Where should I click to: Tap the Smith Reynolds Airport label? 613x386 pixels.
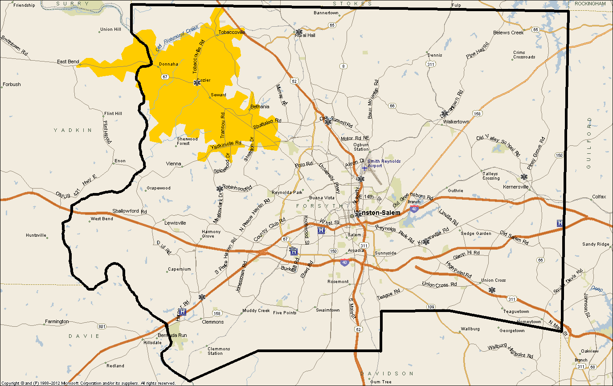pyautogui.click(x=384, y=163)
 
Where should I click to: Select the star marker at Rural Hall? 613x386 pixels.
pyautogui.click(x=299, y=32)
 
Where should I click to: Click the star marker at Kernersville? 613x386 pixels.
pyautogui.click(x=524, y=177)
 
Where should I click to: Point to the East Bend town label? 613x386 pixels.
pyautogui.click(x=68, y=62)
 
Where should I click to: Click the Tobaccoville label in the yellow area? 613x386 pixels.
pyautogui.click(x=232, y=32)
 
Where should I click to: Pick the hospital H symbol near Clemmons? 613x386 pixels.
pyautogui.click(x=182, y=312)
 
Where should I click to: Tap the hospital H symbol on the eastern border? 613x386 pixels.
pyautogui.click(x=560, y=223)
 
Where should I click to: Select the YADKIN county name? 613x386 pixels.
pyautogui.click(x=73, y=130)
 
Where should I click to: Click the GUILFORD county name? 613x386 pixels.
pyautogui.click(x=588, y=143)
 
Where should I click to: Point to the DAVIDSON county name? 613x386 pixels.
pyautogui.click(x=387, y=373)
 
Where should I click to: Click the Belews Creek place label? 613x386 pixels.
pyautogui.click(x=508, y=33)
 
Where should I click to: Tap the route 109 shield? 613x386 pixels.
pyautogui.click(x=430, y=307)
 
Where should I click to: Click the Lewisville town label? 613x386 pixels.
pyautogui.click(x=175, y=222)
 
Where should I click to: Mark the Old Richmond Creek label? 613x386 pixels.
pyautogui.click(x=177, y=38)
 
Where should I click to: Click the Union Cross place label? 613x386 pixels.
pyautogui.click(x=494, y=280)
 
